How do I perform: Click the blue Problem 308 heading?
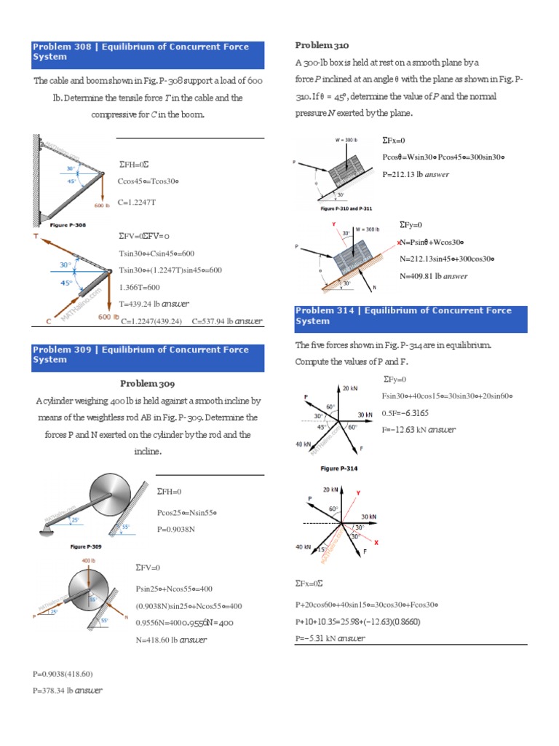[x=148, y=52]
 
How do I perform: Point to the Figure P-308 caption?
[x=67, y=226]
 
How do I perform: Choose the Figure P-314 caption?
[x=338, y=468]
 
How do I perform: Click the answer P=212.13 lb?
[x=415, y=174]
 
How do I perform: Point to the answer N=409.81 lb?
[x=433, y=276]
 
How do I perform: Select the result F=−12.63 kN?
[x=419, y=429]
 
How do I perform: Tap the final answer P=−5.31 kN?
[x=330, y=638]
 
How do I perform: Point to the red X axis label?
[x=375, y=543]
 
